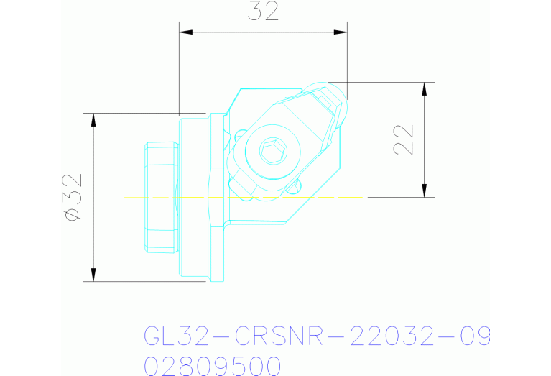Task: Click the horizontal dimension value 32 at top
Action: (262, 12)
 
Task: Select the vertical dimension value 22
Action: (404, 139)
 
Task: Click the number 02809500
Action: (212, 366)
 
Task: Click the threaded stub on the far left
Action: (159, 198)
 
